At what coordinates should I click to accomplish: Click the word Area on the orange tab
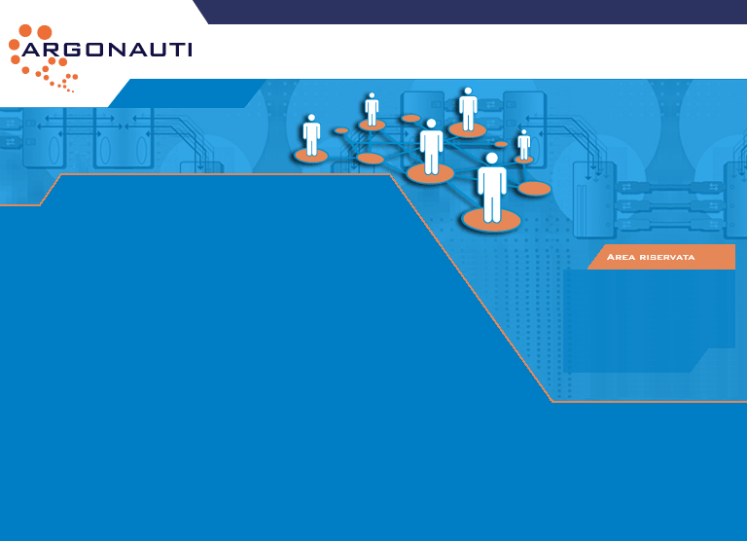[x=621, y=257]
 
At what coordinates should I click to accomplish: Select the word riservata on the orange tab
[x=666, y=257]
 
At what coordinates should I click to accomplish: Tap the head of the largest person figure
[x=492, y=158]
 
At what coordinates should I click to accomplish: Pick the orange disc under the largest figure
[x=492, y=221]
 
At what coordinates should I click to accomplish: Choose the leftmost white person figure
[x=311, y=136]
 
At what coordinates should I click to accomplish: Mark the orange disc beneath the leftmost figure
[x=311, y=156]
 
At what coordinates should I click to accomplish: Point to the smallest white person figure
[x=524, y=144]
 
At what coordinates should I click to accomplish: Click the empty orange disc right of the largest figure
[x=534, y=189]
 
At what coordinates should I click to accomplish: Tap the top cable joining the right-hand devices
[x=670, y=186]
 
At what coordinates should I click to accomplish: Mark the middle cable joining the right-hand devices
[x=670, y=206]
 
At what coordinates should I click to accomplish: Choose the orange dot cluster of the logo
[x=44, y=58]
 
